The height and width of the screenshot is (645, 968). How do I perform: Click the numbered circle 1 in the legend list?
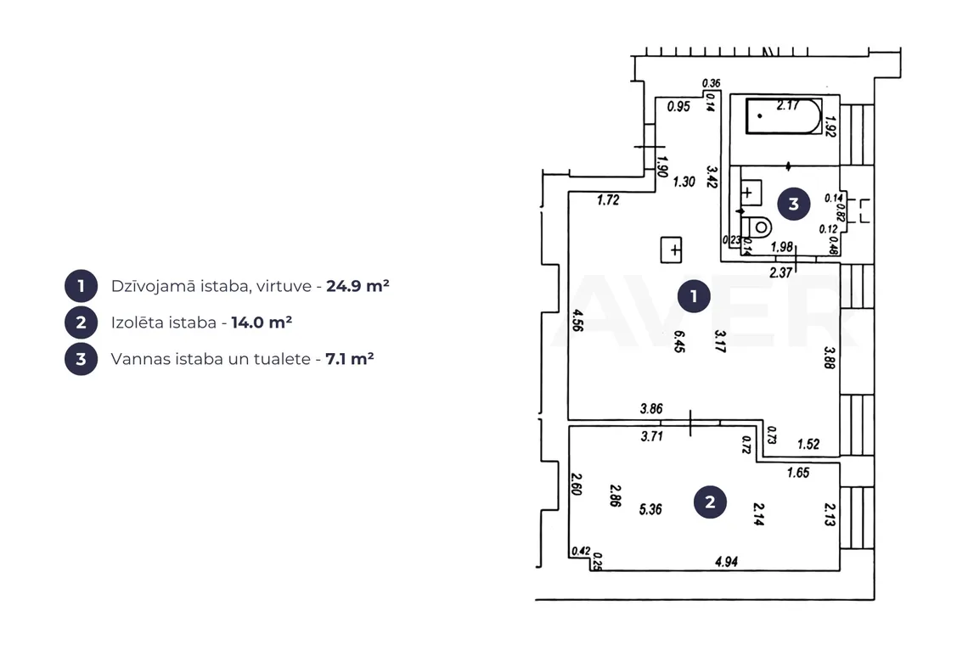(x=81, y=286)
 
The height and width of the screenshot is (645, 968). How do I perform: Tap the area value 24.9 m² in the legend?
(x=357, y=286)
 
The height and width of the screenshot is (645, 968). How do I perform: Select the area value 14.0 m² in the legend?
(x=262, y=322)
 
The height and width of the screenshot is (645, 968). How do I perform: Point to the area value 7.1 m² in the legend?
(x=350, y=359)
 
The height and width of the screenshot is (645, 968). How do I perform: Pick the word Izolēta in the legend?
(x=133, y=322)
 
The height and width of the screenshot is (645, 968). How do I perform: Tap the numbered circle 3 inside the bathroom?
(x=794, y=204)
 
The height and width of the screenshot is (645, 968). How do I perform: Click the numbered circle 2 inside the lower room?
(x=710, y=502)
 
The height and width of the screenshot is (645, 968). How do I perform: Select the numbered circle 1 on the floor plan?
(x=694, y=296)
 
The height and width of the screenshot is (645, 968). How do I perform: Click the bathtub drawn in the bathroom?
(x=784, y=115)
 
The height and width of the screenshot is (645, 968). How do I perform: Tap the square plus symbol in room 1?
(x=671, y=250)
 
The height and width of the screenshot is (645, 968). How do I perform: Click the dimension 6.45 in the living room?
(x=679, y=341)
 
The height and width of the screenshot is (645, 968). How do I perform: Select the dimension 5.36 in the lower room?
(x=650, y=509)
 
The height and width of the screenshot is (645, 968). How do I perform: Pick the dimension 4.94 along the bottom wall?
(x=727, y=562)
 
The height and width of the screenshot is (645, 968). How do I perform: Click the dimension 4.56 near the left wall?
(x=578, y=320)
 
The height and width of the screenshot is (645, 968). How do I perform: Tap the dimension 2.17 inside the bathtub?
(x=788, y=105)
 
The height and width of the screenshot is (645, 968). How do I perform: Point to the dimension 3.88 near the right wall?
(x=830, y=357)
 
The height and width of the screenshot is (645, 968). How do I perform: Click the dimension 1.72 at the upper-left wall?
(x=608, y=199)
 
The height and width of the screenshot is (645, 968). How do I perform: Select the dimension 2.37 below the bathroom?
(x=781, y=272)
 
